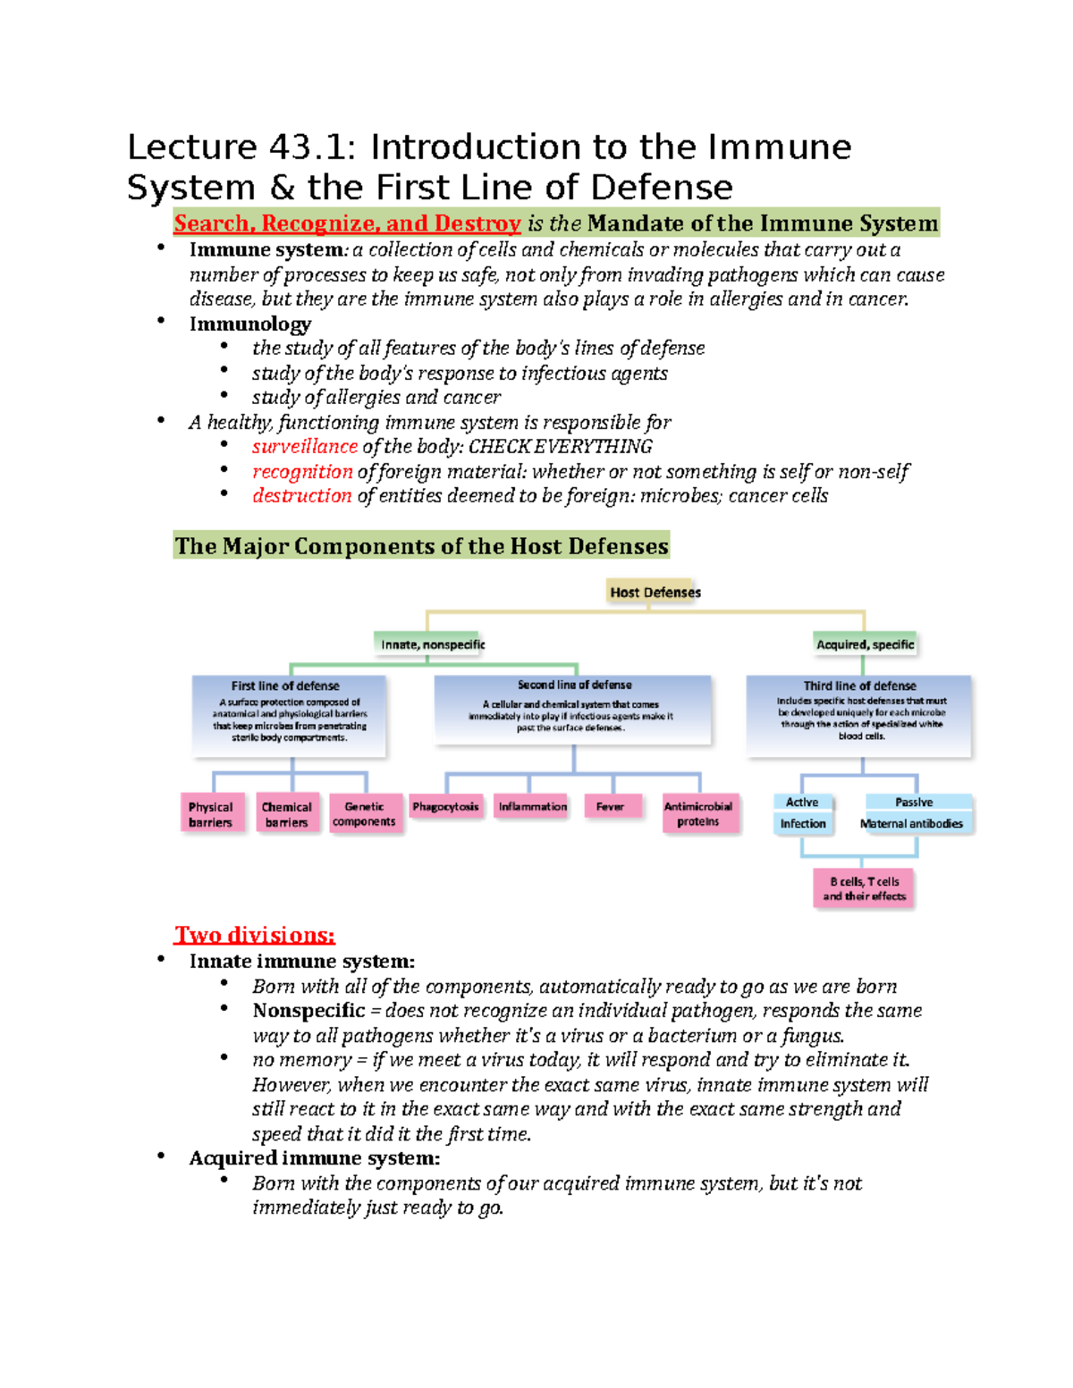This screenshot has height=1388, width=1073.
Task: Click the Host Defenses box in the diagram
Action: (x=655, y=592)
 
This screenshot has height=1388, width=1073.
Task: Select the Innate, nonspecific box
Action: (x=433, y=644)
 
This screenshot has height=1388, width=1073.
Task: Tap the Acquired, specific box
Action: (x=865, y=644)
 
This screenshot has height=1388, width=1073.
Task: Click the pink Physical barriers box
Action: (x=211, y=814)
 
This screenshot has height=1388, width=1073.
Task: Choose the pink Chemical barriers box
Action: (x=286, y=814)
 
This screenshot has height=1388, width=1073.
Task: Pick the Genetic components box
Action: (x=364, y=814)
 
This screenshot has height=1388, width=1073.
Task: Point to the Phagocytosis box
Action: (x=445, y=806)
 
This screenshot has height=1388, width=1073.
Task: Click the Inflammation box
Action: (x=532, y=806)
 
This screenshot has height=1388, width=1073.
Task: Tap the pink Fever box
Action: (x=610, y=806)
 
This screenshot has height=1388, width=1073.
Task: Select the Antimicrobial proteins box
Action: (x=698, y=813)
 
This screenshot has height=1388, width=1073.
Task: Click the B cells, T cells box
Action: (x=864, y=888)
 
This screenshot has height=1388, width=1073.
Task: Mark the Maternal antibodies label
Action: (x=912, y=824)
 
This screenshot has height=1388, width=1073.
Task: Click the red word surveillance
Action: (x=304, y=447)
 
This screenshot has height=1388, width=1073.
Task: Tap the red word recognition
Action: (x=302, y=472)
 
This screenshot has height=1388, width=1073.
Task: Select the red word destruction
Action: (x=301, y=496)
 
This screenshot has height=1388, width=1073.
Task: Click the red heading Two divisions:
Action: (x=255, y=936)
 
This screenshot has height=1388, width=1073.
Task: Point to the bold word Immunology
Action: (x=250, y=324)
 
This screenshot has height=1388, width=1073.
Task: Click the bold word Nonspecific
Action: (x=308, y=1011)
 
